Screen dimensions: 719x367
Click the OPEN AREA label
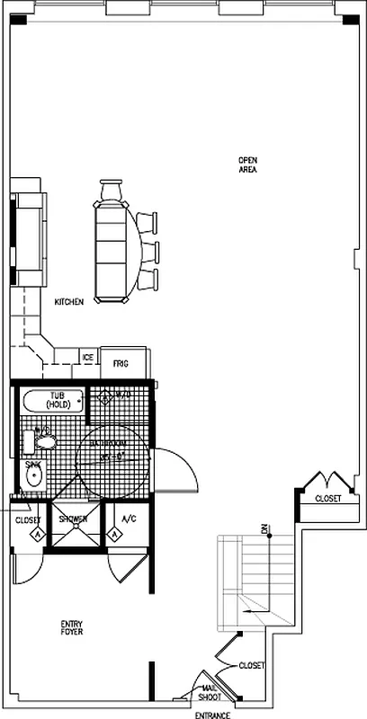tap(248, 164)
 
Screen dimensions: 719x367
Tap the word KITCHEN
tap(69, 303)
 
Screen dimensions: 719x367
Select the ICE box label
tap(88, 358)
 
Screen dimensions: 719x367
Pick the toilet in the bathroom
tap(46, 439)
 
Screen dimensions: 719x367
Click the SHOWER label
tap(73, 519)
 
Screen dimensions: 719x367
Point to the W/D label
tap(122, 395)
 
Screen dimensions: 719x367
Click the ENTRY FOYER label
tap(72, 627)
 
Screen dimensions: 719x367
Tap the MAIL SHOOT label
tap(210, 693)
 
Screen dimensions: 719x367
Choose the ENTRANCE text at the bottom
tap(213, 715)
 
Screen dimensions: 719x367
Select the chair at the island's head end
tap(111, 191)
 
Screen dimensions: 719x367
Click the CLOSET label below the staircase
tap(252, 665)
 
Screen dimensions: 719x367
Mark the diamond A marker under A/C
tap(115, 535)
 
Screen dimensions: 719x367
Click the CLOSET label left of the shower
tap(28, 519)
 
